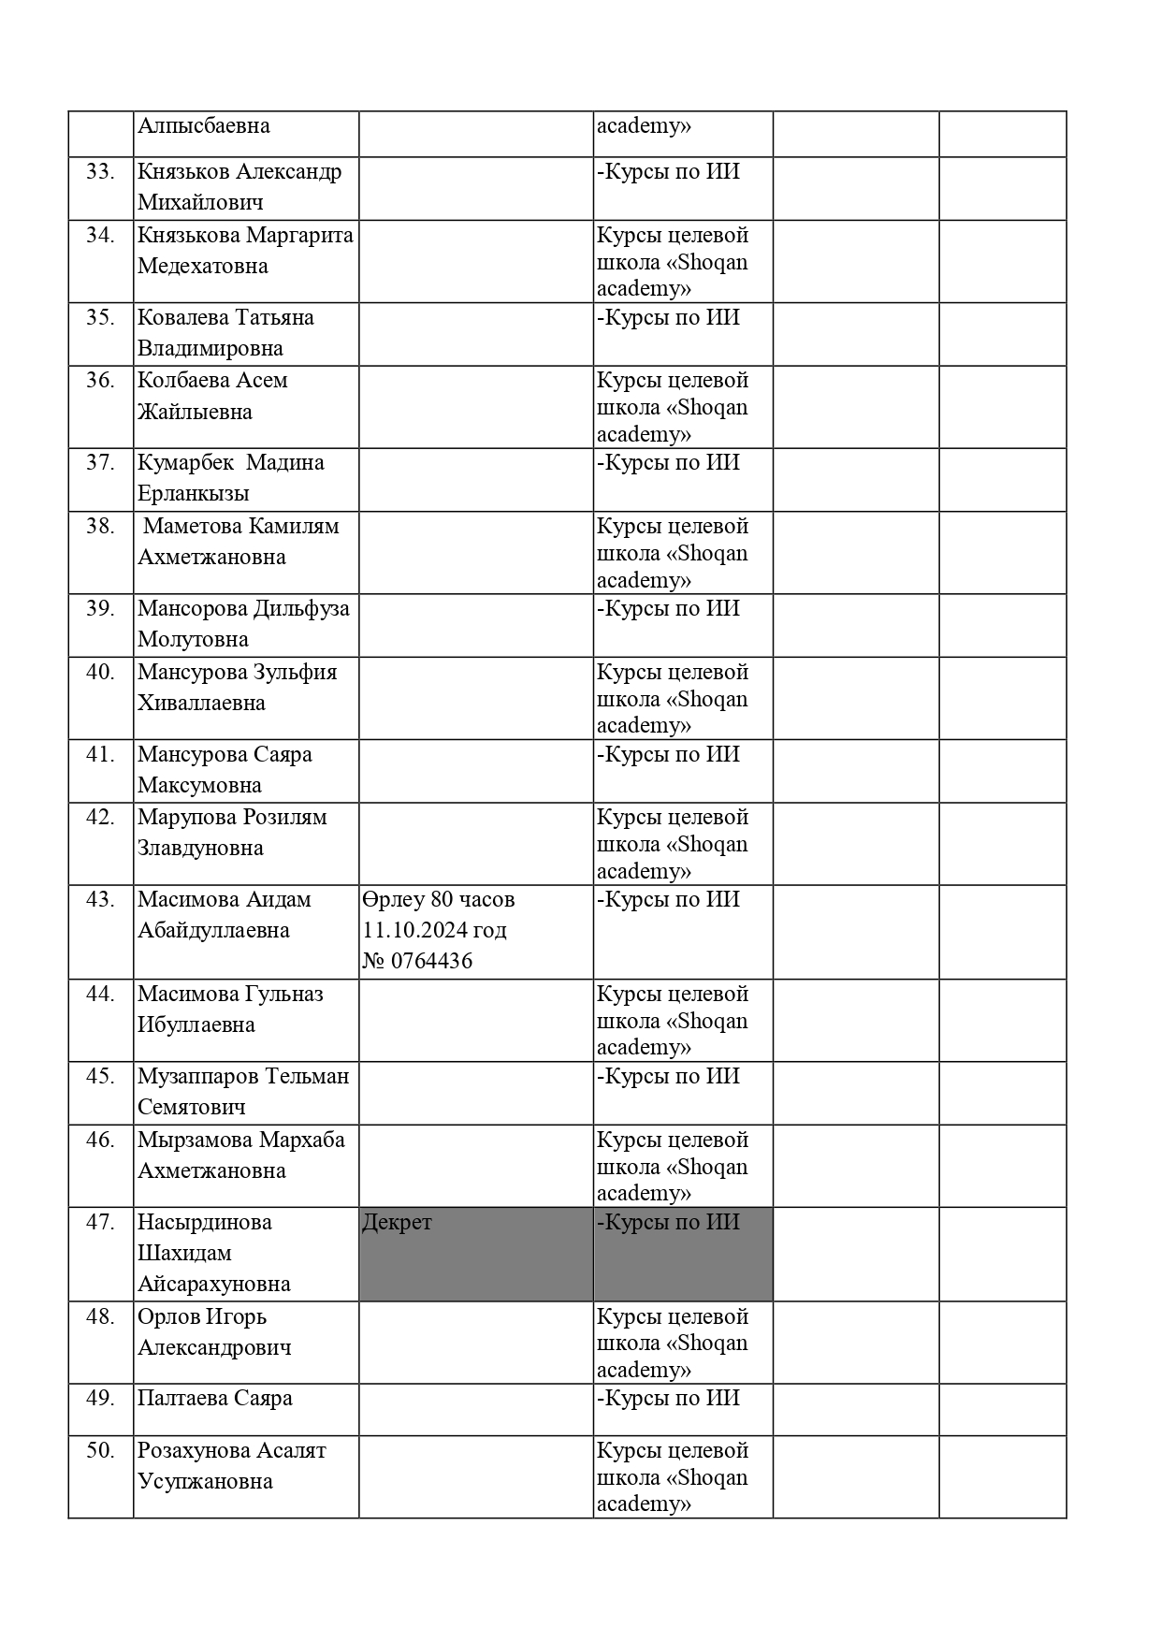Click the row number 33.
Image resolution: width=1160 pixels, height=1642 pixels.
pos(100,172)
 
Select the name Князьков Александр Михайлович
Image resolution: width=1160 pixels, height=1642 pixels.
pos(239,187)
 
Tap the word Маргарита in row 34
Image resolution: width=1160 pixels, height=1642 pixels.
pos(300,235)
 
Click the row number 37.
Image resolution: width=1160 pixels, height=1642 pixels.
pos(100,462)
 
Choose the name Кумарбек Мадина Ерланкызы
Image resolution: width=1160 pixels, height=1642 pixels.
pos(230,478)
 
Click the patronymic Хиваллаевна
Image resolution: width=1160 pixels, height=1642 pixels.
pos(201,703)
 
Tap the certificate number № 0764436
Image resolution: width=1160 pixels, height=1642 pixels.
pos(417,961)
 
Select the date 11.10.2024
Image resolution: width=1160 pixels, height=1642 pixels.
pos(410,930)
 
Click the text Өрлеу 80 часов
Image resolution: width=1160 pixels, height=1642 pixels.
pos(438,900)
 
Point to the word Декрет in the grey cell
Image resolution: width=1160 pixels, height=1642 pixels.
pos(397,1222)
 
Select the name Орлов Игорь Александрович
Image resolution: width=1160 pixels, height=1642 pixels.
pos(214,1331)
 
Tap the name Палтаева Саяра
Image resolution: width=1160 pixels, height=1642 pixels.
pos(215,1398)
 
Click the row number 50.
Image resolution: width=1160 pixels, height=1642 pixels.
pos(100,1450)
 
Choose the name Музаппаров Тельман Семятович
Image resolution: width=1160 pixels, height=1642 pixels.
pos(243,1091)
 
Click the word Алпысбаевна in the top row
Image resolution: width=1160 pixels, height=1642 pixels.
pos(204,125)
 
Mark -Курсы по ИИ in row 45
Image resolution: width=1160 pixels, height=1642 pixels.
pos(668,1076)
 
